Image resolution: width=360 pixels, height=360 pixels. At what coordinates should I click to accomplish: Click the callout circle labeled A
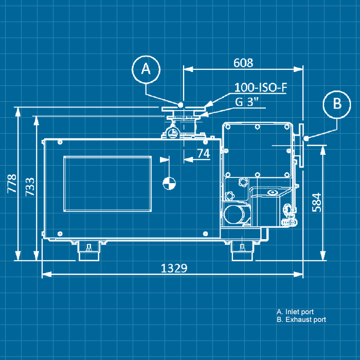click(x=146, y=69)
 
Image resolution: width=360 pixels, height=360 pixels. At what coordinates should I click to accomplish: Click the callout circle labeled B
click(x=337, y=103)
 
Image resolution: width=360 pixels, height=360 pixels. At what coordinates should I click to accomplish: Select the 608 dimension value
click(x=243, y=63)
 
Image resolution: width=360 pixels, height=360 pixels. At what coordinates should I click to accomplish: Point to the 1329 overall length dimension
click(x=174, y=268)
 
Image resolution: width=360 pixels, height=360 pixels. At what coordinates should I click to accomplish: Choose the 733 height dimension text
click(x=30, y=187)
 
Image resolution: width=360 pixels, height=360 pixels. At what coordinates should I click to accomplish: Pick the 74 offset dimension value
click(x=204, y=153)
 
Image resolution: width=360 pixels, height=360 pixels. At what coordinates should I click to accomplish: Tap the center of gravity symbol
click(x=169, y=183)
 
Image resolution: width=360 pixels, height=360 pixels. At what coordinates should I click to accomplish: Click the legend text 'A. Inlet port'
click(x=295, y=312)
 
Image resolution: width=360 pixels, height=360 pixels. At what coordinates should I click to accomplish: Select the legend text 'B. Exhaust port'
click(x=301, y=320)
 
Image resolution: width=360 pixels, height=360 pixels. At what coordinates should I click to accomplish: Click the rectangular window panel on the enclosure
click(x=107, y=184)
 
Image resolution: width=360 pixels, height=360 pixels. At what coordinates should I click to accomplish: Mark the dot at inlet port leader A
click(x=181, y=104)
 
